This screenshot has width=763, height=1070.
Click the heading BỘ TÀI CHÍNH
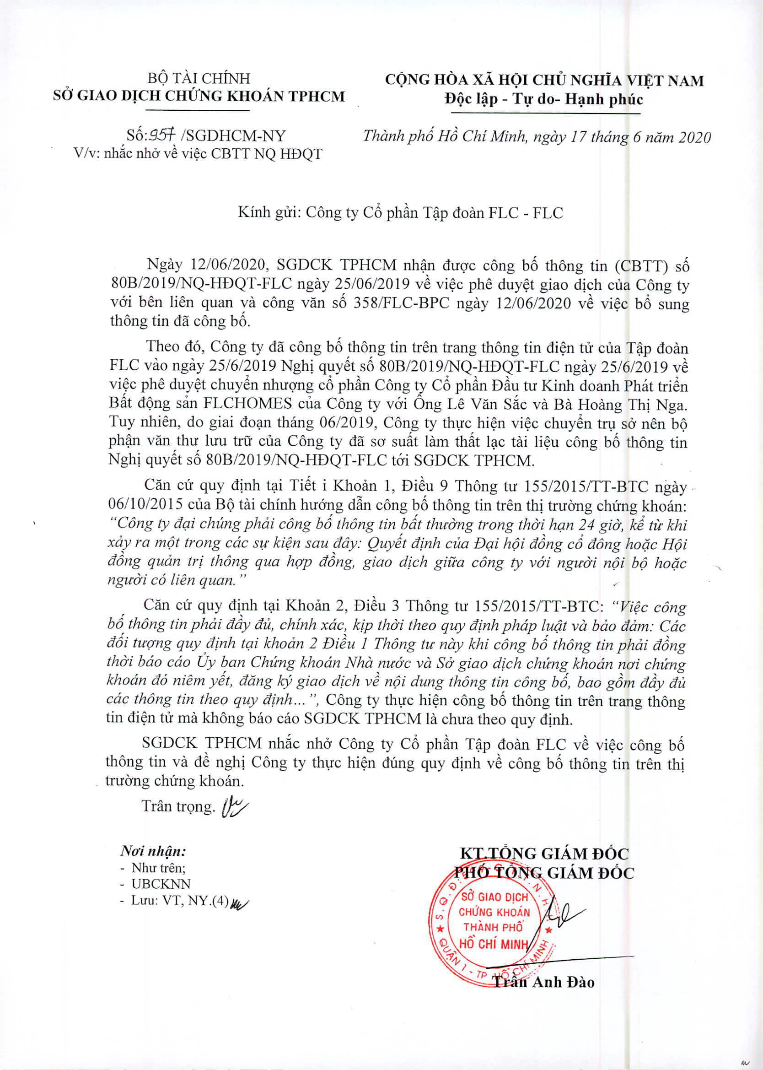[199, 78]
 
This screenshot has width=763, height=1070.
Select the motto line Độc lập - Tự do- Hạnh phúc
[543, 100]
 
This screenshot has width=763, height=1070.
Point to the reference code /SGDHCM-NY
[233, 136]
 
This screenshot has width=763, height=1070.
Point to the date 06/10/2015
[145, 504]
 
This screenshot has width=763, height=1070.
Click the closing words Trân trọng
[178, 806]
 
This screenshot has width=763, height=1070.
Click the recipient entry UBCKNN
[161, 884]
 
